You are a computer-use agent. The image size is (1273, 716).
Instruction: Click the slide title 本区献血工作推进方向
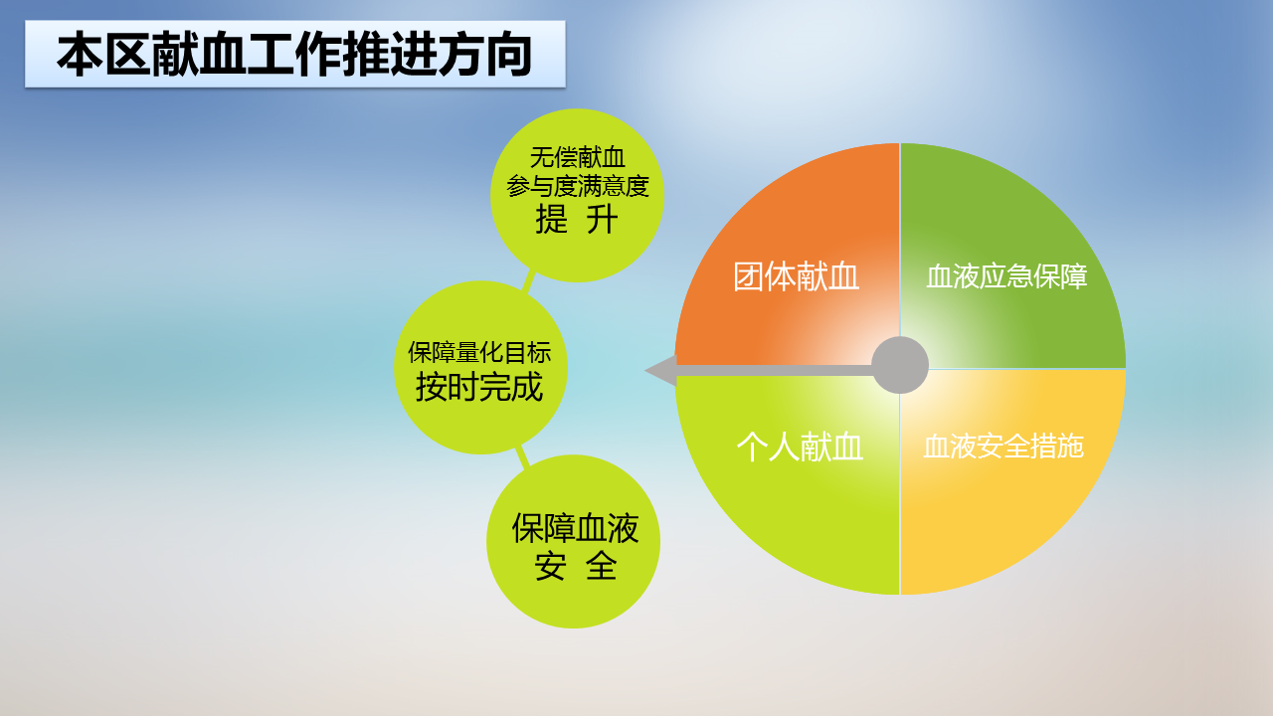(294, 55)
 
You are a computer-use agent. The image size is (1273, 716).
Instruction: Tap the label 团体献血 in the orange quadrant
(796, 276)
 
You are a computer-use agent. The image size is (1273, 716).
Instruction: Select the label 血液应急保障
(1006, 276)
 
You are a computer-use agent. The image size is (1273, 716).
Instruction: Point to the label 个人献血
(800, 447)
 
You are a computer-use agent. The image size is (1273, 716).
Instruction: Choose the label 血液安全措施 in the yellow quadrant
(1003, 447)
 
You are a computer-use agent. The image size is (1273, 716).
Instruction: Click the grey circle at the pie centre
(900, 365)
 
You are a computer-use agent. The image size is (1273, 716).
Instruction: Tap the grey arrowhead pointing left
(661, 371)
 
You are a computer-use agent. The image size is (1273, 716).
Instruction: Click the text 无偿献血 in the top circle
(578, 157)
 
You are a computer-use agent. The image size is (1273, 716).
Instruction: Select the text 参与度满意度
(578, 186)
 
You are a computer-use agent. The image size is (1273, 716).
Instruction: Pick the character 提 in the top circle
(551, 220)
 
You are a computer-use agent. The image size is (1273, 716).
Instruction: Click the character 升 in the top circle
(603, 220)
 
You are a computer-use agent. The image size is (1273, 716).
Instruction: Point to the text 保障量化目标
(479, 352)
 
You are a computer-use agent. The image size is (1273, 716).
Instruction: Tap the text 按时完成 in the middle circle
(479, 387)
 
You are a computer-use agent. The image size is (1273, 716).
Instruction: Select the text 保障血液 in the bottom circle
(575, 528)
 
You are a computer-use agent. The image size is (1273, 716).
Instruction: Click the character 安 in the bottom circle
(550, 566)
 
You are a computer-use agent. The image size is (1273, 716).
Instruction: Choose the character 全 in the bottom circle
(602, 566)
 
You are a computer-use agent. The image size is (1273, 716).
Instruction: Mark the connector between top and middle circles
(529, 281)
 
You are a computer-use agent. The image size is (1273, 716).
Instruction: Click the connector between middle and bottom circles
(522, 456)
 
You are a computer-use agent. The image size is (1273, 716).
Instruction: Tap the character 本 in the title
(80, 55)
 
